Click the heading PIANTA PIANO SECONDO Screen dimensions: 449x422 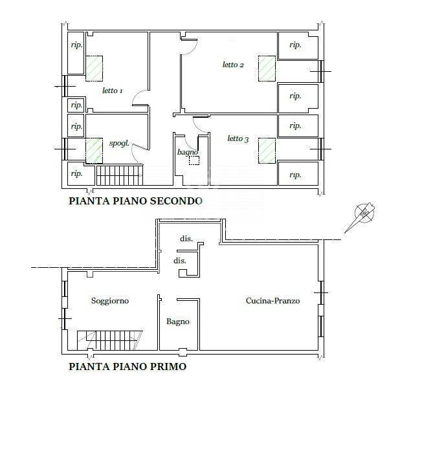(x=135, y=201)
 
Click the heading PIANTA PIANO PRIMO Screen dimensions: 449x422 (x=128, y=367)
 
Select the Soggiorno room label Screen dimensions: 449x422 (x=110, y=301)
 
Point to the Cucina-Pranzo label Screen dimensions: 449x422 (x=272, y=301)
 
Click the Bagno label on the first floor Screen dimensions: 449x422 (x=178, y=322)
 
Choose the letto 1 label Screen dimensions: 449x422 (x=113, y=91)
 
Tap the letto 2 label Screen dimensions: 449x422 (x=233, y=65)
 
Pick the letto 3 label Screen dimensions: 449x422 (x=238, y=138)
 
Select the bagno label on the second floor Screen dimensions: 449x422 (x=187, y=152)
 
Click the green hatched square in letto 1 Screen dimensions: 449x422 (x=95, y=67)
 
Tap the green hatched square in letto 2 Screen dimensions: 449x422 (x=267, y=68)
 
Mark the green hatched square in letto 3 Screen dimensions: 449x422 (x=267, y=150)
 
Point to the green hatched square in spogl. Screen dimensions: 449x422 (x=95, y=150)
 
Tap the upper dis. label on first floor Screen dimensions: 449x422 (x=186, y=239)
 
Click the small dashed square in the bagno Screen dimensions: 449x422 (x=194, y=160)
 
